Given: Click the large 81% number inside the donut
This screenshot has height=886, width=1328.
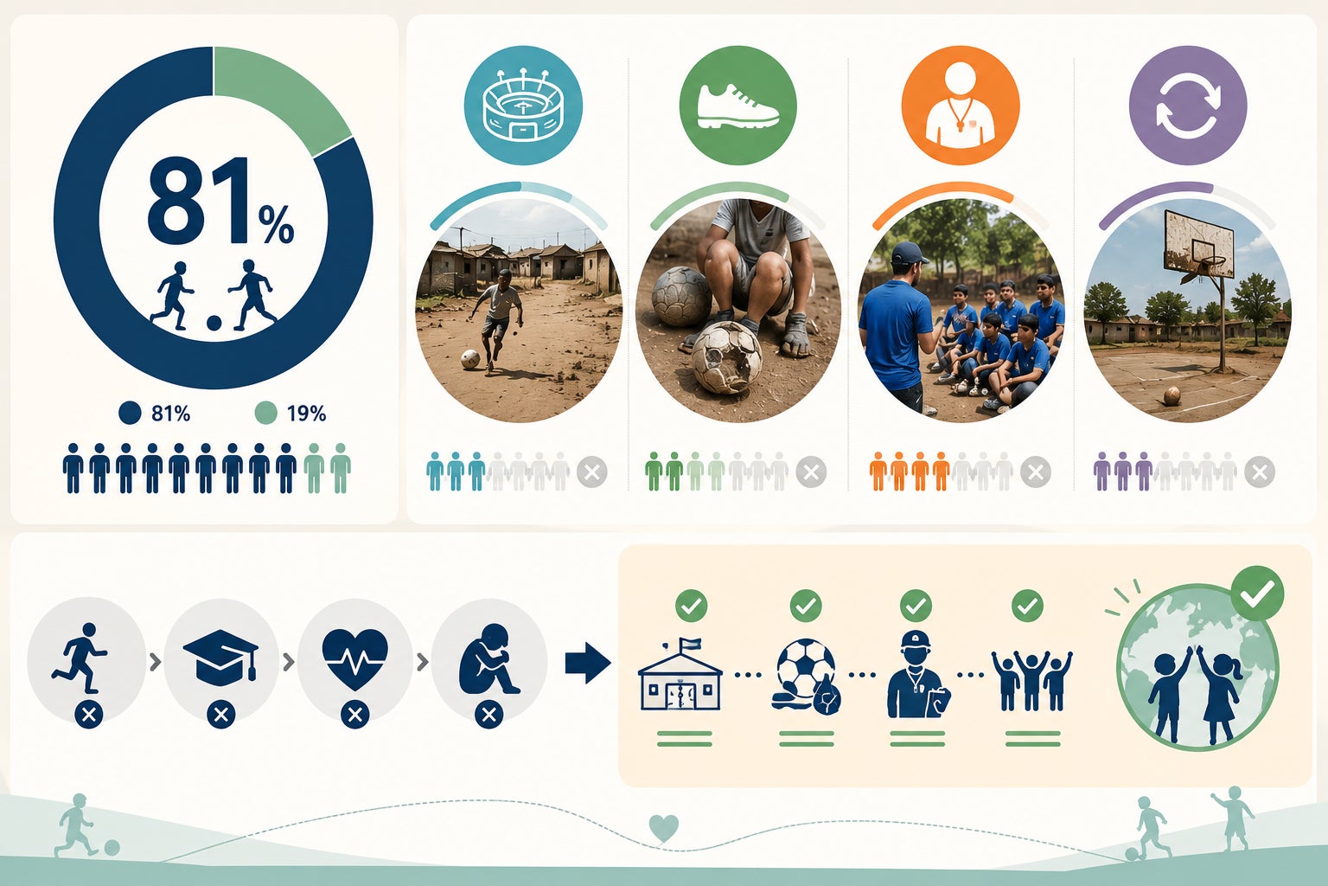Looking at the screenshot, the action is pos(220,202).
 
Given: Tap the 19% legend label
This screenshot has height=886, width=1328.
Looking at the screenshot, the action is pos(306,414).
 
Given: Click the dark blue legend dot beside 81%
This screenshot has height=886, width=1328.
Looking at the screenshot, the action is pos(130,413).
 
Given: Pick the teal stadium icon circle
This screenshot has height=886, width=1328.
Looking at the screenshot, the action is pos(523,106).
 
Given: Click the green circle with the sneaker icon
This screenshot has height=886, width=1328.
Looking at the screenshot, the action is pos(737,106).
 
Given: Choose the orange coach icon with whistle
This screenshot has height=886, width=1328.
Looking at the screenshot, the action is pos(961,106).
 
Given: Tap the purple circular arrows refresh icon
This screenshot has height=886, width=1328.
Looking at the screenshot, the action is pos(1187,106).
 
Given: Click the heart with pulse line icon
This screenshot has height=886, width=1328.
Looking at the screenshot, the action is pos(354,659).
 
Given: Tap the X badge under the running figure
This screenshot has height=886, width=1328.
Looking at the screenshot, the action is pos(89,716).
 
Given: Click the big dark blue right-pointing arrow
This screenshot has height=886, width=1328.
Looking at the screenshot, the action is pos(588,663).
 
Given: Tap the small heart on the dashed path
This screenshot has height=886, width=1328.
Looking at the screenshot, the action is pos(663,828).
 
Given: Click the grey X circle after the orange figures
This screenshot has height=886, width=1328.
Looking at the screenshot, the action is pos(1035,472).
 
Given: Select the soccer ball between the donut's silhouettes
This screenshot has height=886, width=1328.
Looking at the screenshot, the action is pos(214,324).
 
